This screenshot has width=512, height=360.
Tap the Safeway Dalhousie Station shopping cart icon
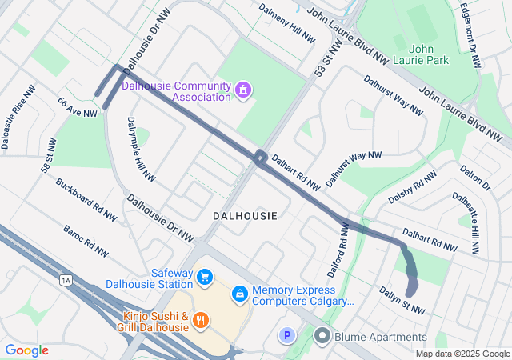(x=206, y=277)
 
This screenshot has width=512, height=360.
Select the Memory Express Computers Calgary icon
(x=239, y=295)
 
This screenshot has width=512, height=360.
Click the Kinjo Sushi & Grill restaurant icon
(x=201, y=321)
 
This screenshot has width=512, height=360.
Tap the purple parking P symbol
(x=286, y=336)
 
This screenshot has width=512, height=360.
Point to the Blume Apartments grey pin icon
(x=322, y=336)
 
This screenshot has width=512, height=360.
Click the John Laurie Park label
(x=429, y=54)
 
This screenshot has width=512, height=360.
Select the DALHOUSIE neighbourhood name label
(x=246, y=216)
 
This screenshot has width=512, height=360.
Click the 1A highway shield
(x=66, y=280)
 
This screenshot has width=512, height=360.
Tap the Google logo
(x=26, y=350)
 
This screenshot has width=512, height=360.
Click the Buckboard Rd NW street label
(x=86, y=199)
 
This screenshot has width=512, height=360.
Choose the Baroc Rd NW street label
(x=86, y=241)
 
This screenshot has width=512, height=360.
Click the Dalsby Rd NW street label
(x=412, y=186)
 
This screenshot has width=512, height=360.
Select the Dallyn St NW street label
(x=402, y=300)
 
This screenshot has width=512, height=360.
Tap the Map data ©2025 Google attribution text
(x=463, y=354)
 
